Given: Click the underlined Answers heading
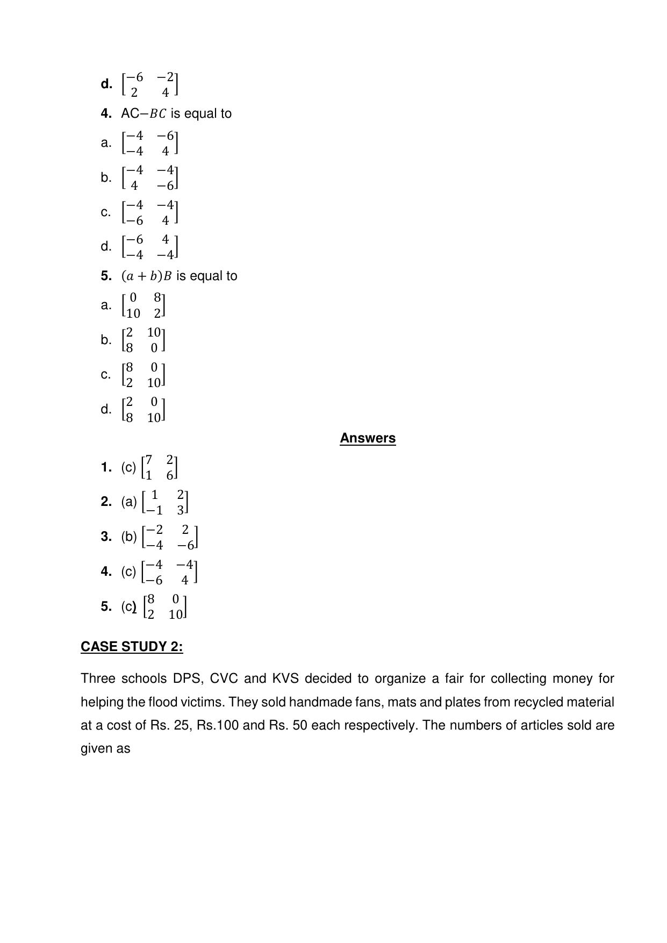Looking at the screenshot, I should click(x=368, y=438).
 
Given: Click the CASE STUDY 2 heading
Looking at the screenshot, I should click(x=132, y=646).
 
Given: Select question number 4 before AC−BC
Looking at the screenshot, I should click(x=106, y=113).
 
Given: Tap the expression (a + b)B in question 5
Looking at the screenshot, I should click(x=147, y=276).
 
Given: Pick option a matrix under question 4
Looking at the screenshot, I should click(x=150, y=143).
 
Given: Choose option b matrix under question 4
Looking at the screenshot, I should click(x=150, y=178).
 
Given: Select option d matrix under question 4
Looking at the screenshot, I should click(x=150, y=247).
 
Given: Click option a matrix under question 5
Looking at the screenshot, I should click(x=144, y=305).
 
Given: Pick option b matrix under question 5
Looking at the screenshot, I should click(x=144, y=340).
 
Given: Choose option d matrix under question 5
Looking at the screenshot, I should click(x=144, y=410).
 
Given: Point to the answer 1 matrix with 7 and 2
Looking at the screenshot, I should click(x=159, y=467).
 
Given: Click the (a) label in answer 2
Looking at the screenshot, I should click(x=129, y=502).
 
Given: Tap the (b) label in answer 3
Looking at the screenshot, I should click(x=129, y=537).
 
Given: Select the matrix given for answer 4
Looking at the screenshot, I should click(x=169, y=572).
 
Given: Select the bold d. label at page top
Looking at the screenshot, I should click(x=106, y=84).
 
